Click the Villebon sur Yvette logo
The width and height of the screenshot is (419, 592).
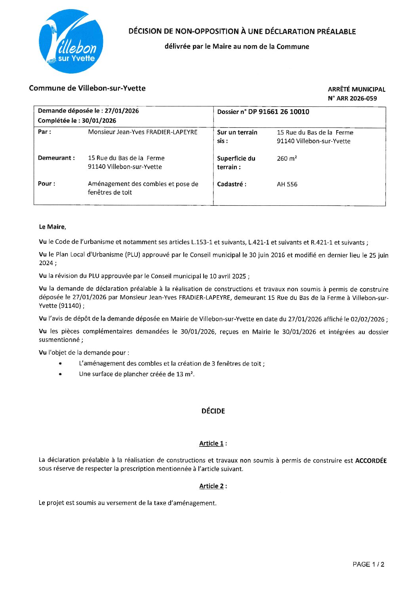71,42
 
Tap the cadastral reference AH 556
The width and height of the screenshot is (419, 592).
287,184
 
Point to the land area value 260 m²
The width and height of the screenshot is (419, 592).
287,159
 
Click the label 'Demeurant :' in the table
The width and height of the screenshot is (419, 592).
56,158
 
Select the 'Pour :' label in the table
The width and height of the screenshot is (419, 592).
46,184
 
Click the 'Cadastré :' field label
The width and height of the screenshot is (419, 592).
231,184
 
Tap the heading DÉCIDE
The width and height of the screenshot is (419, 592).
213,411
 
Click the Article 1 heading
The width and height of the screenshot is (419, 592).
211,444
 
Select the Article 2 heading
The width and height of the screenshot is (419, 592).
211,486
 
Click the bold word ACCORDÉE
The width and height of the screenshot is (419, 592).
371,461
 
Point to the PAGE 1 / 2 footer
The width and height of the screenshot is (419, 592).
368,565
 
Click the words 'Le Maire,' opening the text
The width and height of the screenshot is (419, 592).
52,227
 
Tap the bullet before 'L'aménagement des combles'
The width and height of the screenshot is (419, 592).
60,363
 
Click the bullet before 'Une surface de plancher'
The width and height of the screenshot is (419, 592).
60,374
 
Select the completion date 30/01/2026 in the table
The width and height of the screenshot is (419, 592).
99,121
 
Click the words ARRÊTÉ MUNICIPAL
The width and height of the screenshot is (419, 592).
356,89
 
